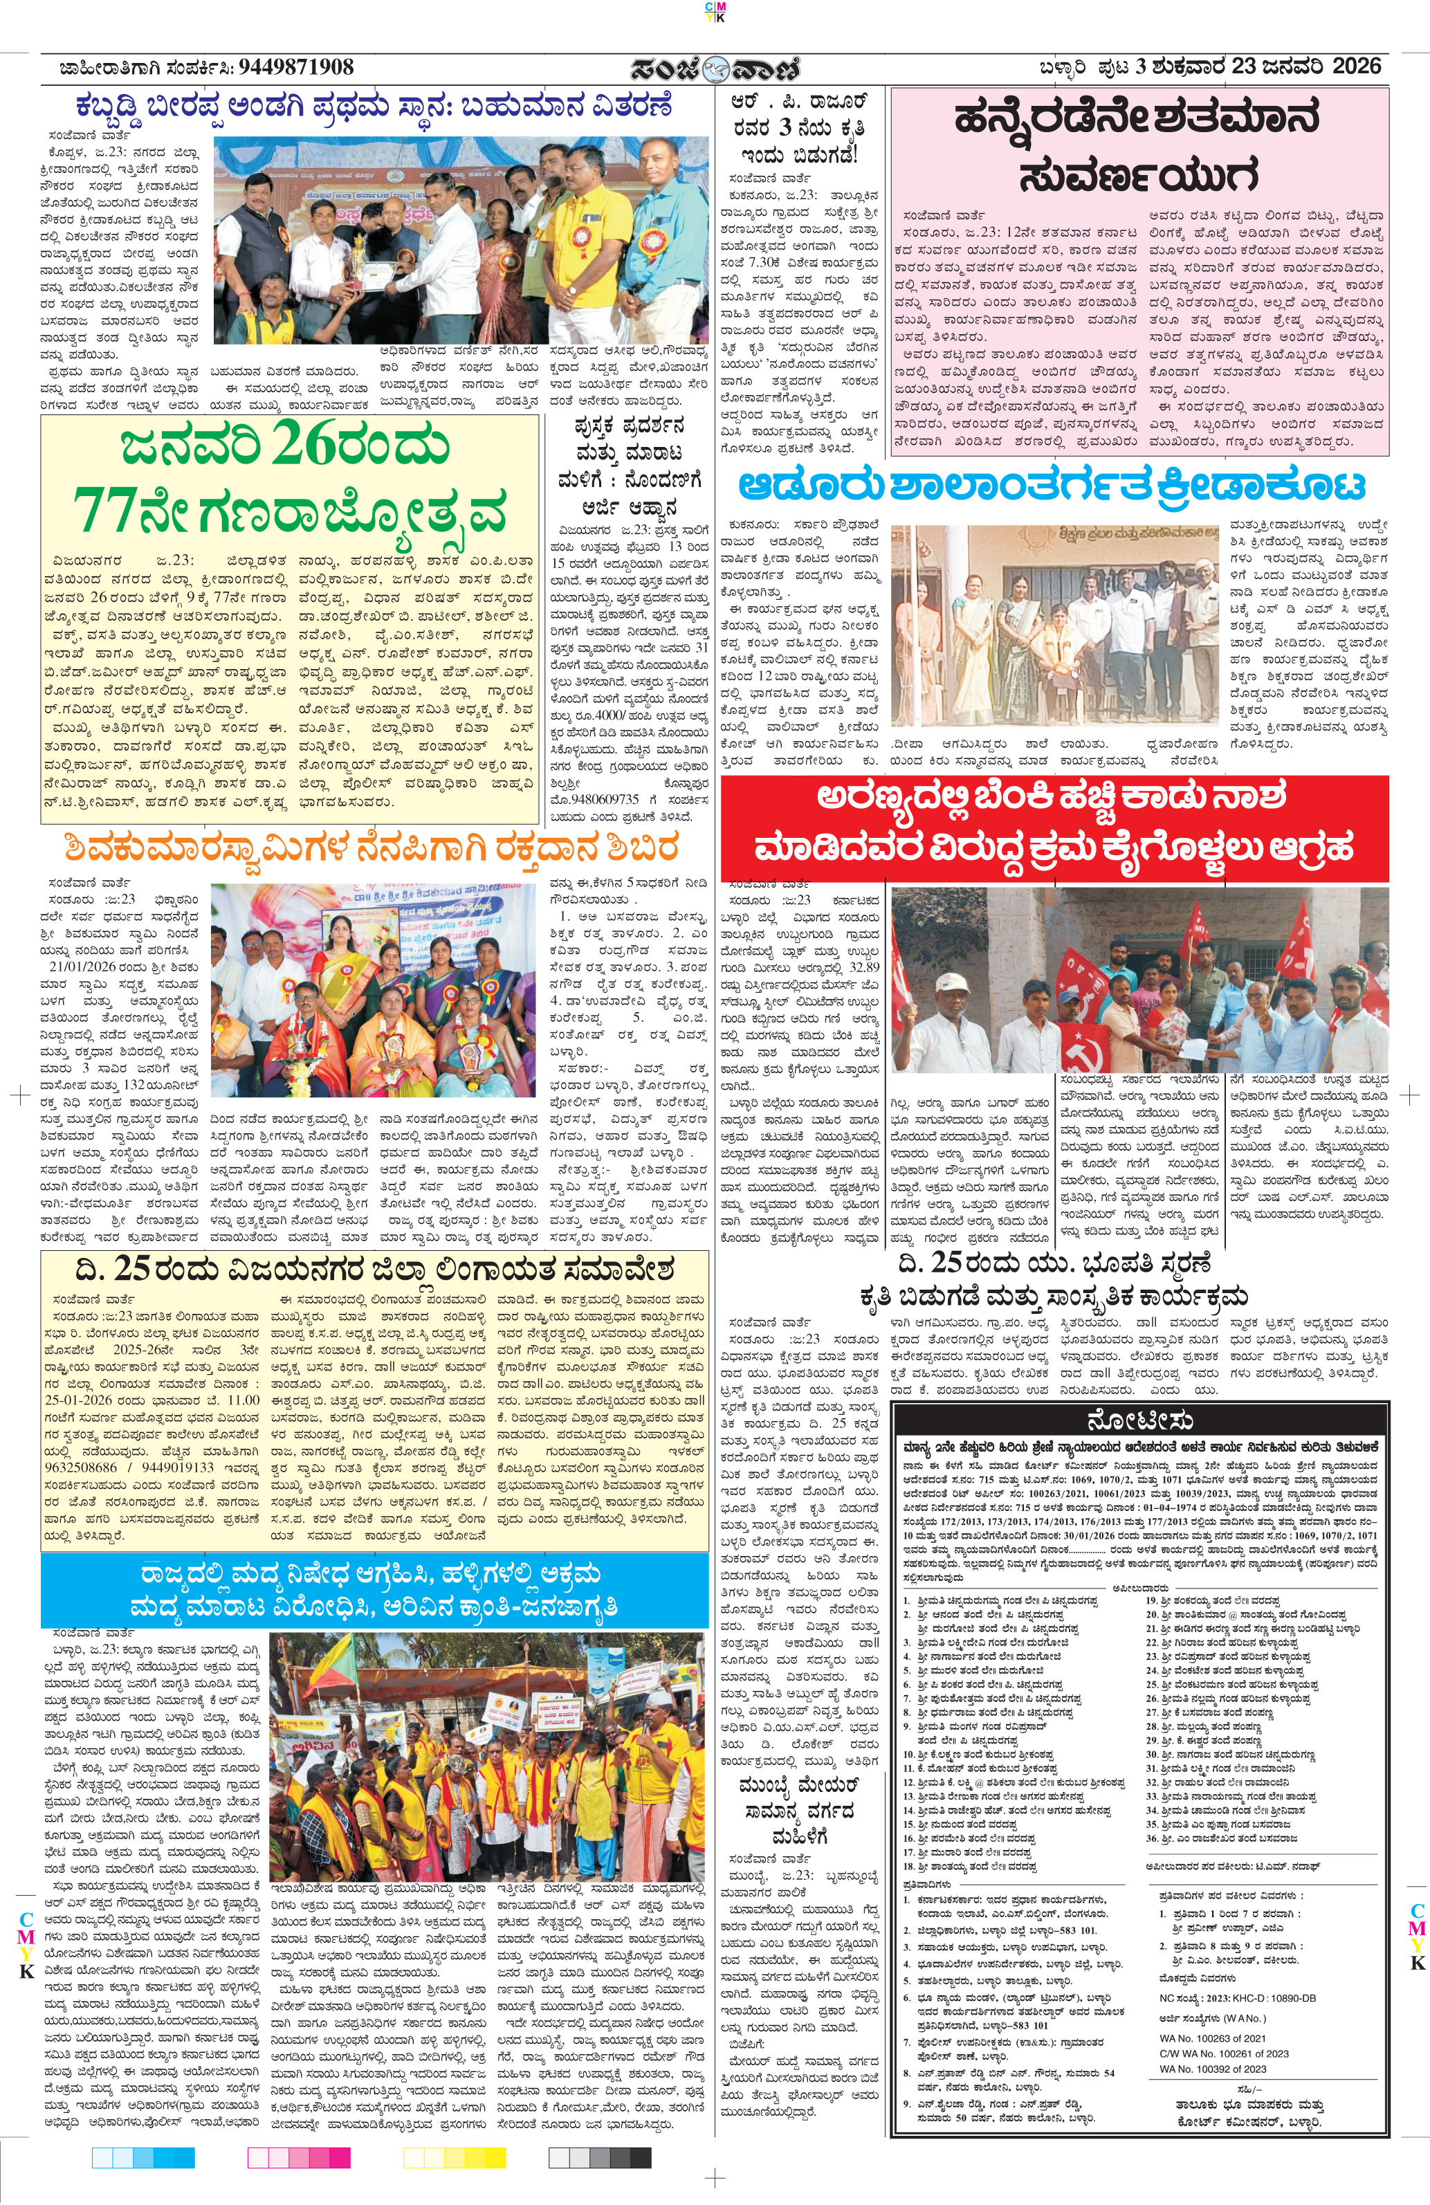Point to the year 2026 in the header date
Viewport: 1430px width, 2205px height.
tap(1356, 66)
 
